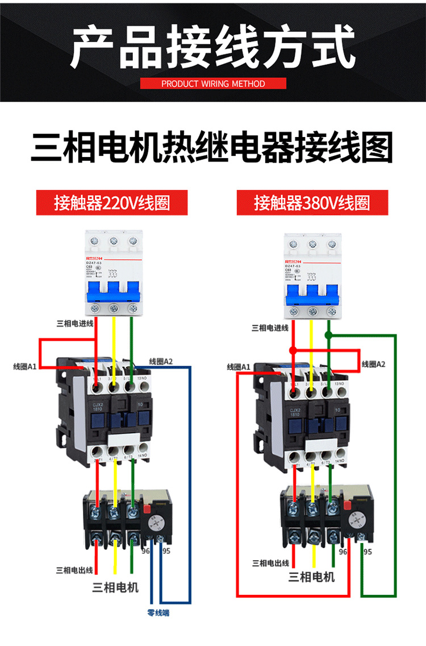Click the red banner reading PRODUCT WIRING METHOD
(213, 84)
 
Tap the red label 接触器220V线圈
(112, 202)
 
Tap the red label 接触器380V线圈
(312, 202)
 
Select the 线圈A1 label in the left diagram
(24, 366)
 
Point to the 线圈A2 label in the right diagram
(373, 364)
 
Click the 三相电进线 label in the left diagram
(74, 324)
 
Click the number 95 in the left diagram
(166, 551)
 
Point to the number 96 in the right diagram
(343, 552)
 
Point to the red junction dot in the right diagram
(293, 350)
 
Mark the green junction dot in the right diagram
(329, 336)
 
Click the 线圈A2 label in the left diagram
(161, 361)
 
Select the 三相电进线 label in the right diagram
(270, 328)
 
